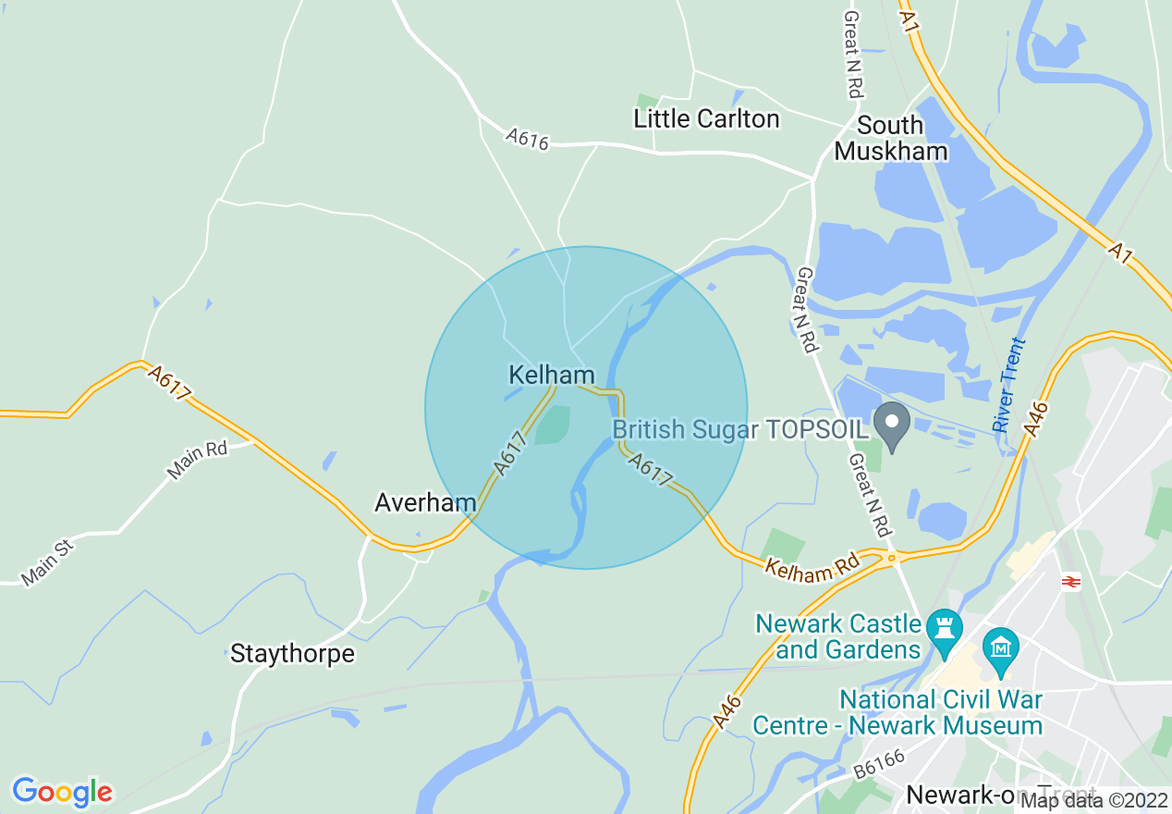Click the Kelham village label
552,375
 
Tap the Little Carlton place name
706,118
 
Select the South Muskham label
891,138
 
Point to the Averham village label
425,502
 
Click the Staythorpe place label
292,654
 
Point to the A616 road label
528,140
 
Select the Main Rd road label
197,460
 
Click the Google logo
62,791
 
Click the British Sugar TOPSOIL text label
739,429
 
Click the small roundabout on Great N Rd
891,557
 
